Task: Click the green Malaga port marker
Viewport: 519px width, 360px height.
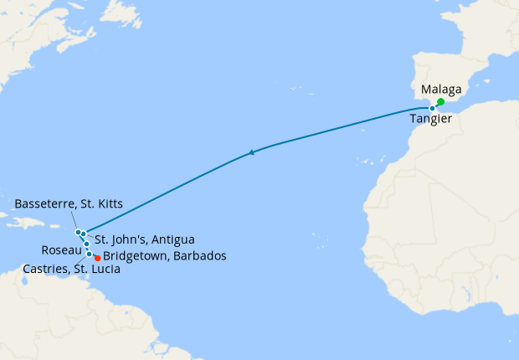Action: pos(440,102)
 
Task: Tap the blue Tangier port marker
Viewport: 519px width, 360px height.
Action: pos(432,108)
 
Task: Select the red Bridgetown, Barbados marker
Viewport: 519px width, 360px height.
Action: pos(98,257)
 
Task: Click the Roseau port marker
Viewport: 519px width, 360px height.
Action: pos(87,244)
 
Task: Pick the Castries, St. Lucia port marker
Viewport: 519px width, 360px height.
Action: pos(89,253)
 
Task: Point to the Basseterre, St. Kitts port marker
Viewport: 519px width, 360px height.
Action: pos(78,232)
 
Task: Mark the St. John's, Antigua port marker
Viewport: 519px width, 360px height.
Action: pos(84,234)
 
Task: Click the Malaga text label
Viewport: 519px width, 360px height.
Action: pos(441,89)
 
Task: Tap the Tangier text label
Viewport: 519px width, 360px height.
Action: pos(432,120)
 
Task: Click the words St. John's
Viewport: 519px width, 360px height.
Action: pos(119,239)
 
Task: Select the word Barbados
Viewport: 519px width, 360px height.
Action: pos(201,256)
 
